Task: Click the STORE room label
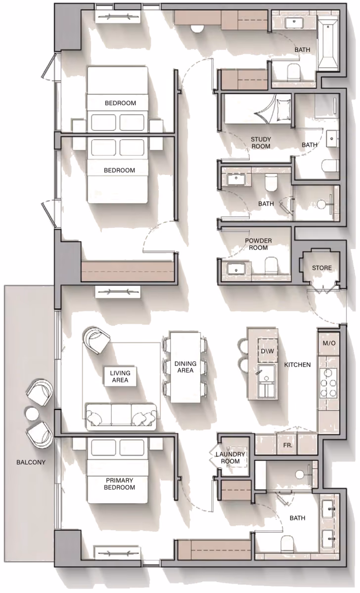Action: tap(321, 268)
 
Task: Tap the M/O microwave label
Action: tap(329, 343)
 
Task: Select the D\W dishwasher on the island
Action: tap(268, 350)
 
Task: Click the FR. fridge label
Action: tap(288, 445)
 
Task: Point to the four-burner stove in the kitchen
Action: tap(328, 382)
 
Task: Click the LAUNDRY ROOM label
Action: tap(230, 458)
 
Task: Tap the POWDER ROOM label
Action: tap(258, 244)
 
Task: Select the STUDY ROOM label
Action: tap(261, 143)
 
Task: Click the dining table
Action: tap(185, 367)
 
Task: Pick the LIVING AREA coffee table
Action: tap(120, 376)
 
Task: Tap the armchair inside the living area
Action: tap(96, 340)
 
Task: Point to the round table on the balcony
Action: tap(32, 414)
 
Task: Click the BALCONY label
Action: tap(31, 462)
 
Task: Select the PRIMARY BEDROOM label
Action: tap(120, 484)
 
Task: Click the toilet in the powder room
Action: tap(270, 265)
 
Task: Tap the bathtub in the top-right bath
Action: tap(328, 45)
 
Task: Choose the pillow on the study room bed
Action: tap(283, 110)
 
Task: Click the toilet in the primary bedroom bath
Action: tap(286, 542)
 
